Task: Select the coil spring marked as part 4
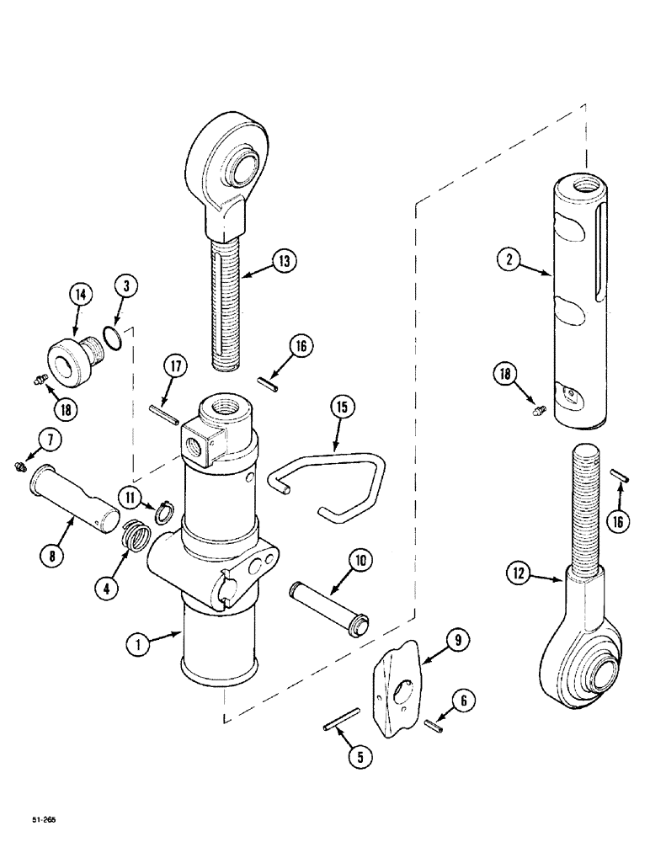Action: click(x=132, y=534)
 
